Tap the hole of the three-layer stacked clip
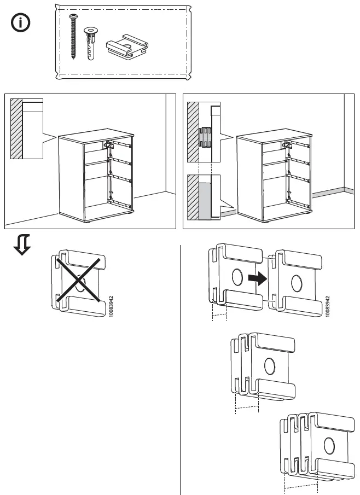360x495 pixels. pos(329,445)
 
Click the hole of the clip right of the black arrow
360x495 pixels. pos(297,283)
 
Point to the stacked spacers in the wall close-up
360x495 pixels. pos(206,137)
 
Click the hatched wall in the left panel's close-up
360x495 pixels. pos(16,128)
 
